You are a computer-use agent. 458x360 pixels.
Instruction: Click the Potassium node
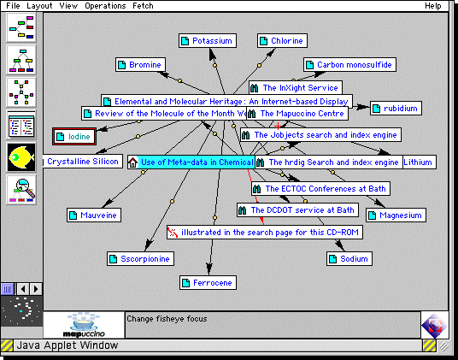point(208,41)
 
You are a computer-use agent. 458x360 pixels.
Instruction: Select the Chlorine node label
point(281,41)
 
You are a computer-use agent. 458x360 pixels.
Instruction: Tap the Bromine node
point(139,65)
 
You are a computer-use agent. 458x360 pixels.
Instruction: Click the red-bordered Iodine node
point(74,136)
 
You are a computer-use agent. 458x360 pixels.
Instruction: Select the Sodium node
point(349,258)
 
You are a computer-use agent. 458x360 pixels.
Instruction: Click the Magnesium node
point(395,215)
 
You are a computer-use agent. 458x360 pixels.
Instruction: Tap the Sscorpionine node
point(141,258)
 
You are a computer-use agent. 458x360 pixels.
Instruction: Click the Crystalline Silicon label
point(82,162)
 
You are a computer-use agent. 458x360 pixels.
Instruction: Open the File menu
point(14,6)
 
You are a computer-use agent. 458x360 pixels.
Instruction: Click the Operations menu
point(105,6)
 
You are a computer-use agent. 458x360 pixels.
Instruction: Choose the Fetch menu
point(143,6)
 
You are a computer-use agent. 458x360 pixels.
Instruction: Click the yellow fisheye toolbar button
point(21,157)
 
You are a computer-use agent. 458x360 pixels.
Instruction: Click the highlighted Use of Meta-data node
point(190,162)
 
